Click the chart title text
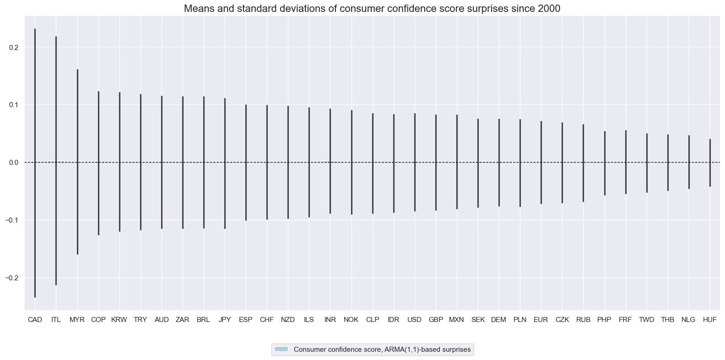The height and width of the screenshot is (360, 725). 362,8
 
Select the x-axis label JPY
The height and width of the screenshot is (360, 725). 225,320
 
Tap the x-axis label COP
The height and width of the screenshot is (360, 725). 98,320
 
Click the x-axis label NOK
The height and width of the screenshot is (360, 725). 351,320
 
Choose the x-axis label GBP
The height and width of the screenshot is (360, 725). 436,320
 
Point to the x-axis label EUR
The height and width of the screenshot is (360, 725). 541,320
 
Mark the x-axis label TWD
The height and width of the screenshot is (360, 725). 647,320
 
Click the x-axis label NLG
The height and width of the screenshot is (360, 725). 688,320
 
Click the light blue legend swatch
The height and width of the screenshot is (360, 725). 281,349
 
